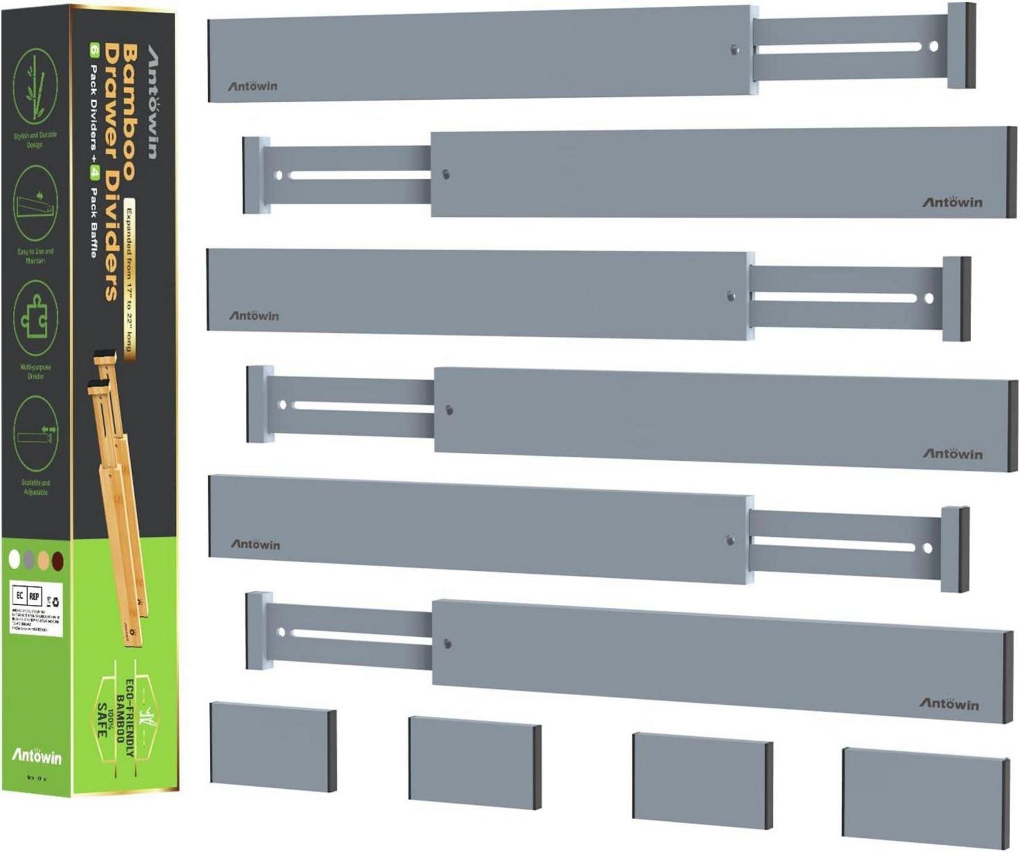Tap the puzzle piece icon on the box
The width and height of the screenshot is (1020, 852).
(x=36, y=318)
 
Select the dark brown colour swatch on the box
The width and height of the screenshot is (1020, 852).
(x=58, y=561)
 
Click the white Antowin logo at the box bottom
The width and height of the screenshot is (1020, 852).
(x=37, y=756)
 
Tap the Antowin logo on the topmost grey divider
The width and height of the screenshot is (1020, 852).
(x=253, y=86)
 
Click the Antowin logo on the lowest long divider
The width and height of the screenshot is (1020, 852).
(x=949, y=704)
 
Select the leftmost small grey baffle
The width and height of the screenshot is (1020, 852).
(x=273, y=746)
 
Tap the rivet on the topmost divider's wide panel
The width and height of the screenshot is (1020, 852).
(x=734, y=50)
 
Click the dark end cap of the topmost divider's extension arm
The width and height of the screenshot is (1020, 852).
(x=968, y=45)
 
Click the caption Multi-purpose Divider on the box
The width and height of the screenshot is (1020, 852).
(x=35, y=371)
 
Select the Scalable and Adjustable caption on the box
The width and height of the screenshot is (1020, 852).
(x=36, y=487)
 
